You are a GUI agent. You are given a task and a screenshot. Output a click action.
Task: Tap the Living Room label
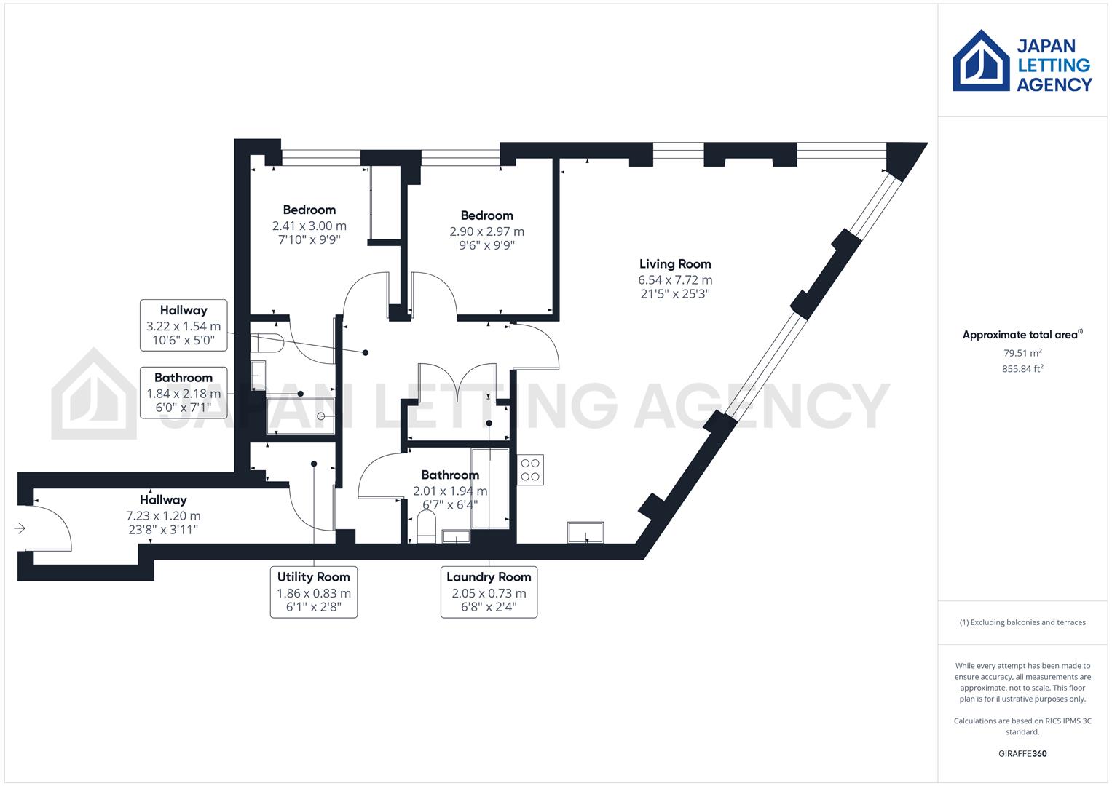[675, 264]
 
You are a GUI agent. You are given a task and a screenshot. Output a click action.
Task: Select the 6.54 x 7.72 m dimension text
[675, 280]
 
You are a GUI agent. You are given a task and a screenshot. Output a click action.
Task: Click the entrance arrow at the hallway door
[20, 528]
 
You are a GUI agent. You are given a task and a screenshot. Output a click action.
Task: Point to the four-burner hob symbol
[530, 470]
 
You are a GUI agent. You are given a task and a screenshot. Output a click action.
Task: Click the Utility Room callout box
[314, 592]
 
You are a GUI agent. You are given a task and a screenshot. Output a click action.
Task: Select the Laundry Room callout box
[489, 592]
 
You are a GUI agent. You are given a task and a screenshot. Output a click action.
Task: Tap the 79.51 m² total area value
[1022, 354]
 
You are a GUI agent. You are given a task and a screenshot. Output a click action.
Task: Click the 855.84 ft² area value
[1022, 369]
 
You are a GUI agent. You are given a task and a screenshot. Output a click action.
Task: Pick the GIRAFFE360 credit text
[1022, 753]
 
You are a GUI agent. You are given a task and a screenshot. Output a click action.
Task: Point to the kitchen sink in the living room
[585, 533]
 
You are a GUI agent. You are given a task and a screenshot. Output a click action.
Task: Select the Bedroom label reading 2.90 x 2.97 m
[486, 215]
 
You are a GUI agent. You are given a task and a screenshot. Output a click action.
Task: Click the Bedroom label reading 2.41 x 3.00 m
[309, 210]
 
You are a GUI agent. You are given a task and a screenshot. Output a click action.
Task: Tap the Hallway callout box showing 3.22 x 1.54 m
[184, 325]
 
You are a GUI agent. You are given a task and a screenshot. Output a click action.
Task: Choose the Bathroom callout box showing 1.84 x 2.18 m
[184, 392]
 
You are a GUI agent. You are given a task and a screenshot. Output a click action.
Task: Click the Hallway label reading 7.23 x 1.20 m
[163, 500]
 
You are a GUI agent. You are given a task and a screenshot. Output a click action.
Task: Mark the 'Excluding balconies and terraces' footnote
[1022, 622]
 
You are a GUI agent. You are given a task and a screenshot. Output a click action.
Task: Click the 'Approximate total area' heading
[1022, 335]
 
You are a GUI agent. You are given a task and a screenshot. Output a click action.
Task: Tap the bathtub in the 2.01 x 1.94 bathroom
[490, 488]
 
